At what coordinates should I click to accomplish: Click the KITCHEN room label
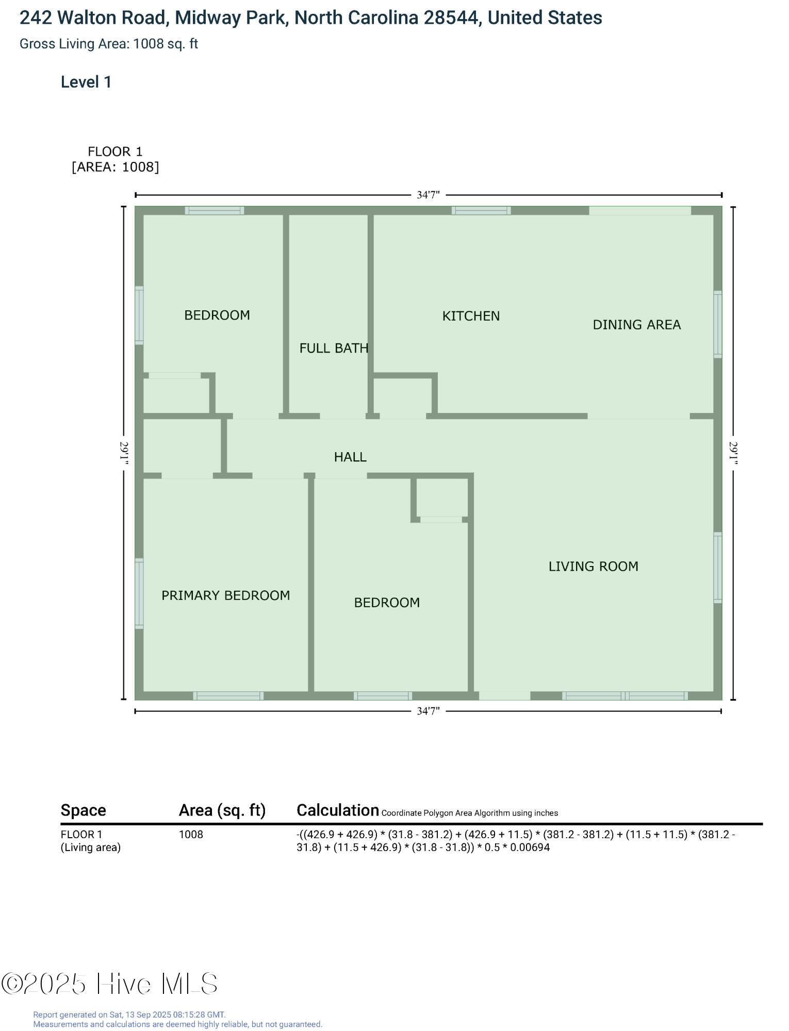pos(471,316)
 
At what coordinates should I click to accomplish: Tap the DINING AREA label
pos(636,325)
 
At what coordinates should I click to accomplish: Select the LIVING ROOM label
pos(593,567)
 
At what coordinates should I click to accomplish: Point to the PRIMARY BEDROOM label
pos(225,595)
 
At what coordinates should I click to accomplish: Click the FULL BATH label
pos(334,348)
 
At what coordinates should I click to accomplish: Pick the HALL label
pos(350,457)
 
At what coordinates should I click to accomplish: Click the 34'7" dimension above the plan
pos(428,195)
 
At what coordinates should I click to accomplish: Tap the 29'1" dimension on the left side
pos(124,453)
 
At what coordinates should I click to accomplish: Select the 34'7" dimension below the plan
pos(428,711)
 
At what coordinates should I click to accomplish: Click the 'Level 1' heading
pos(86,82)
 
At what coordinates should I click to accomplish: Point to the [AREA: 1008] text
pos(115,167)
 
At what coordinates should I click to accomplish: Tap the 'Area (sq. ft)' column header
pos(222,811)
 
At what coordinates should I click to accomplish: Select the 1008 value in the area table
pos(191,835)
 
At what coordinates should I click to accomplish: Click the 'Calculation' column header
pos(338,810)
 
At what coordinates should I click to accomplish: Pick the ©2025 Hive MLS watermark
pos(109,984)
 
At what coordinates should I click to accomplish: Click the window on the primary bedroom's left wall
pos(139,593)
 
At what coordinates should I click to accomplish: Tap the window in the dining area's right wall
pos(717,324)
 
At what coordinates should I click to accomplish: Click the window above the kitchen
pos(481,210)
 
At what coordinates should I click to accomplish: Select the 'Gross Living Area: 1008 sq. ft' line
pos(109,44)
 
